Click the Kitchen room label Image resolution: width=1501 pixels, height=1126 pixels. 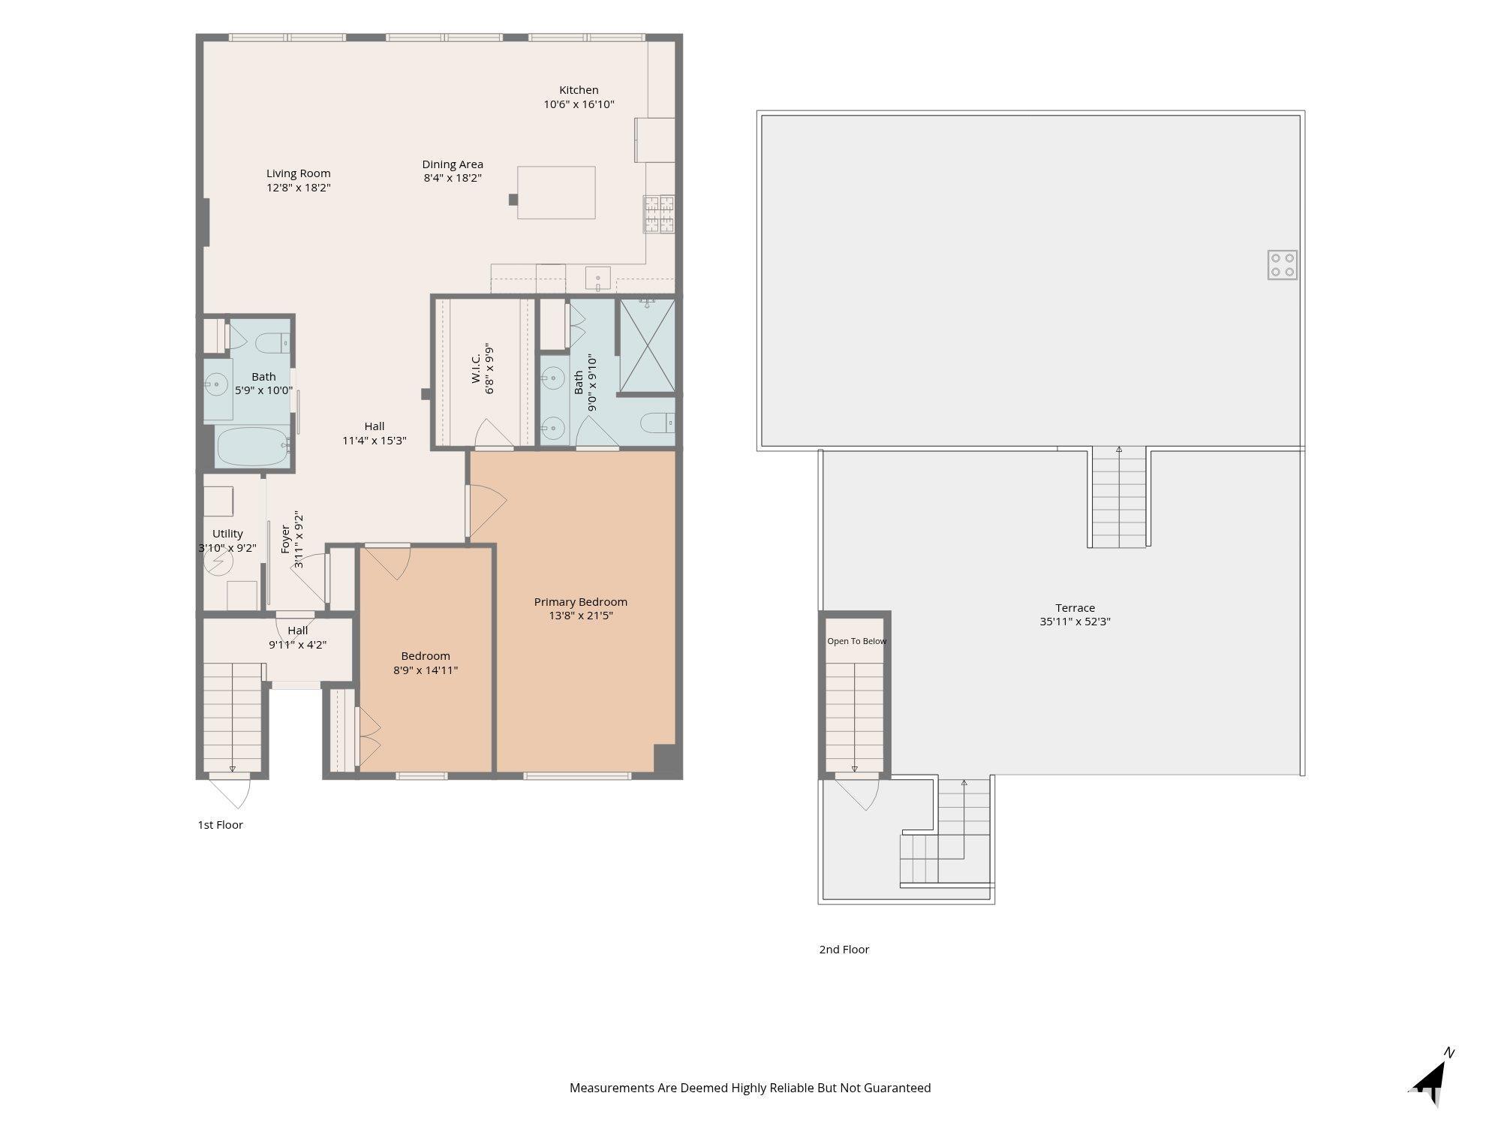[x=579, y=90]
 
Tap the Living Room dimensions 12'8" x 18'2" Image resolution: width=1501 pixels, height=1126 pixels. [x=299, y=188]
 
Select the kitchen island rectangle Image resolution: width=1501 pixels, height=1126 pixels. [x=556, y=193]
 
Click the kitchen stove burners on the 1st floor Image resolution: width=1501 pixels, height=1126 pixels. [x=659, y=214]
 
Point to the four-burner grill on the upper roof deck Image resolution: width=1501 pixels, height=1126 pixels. [x=1283, y=265]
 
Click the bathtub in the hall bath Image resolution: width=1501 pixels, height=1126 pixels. [x=254, y=447]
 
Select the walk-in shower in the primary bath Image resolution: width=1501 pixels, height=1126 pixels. [x=647, y=345]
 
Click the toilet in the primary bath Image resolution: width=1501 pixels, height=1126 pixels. [x=658, y=423]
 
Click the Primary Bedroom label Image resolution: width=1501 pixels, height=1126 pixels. [x=581, y=602]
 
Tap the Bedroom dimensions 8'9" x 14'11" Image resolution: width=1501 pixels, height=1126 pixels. [x=426, y=670]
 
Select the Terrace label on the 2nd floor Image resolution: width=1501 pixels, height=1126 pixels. [x=1075, y=608]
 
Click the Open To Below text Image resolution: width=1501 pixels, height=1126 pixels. [x=857, y=641]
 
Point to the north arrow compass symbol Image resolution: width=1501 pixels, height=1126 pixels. [x=1430, y=1081]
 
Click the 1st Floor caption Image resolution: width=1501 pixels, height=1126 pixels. [x=221, y=825]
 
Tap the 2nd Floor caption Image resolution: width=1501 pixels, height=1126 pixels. [x=844, y=950]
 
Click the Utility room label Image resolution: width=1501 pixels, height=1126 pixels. [x=227, y=534]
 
